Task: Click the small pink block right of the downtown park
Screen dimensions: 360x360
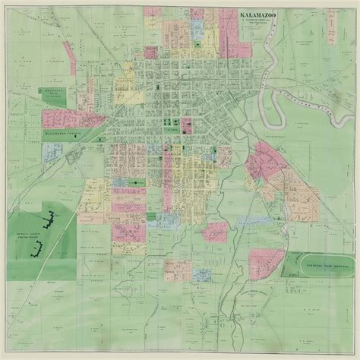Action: (x=186, y=125)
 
